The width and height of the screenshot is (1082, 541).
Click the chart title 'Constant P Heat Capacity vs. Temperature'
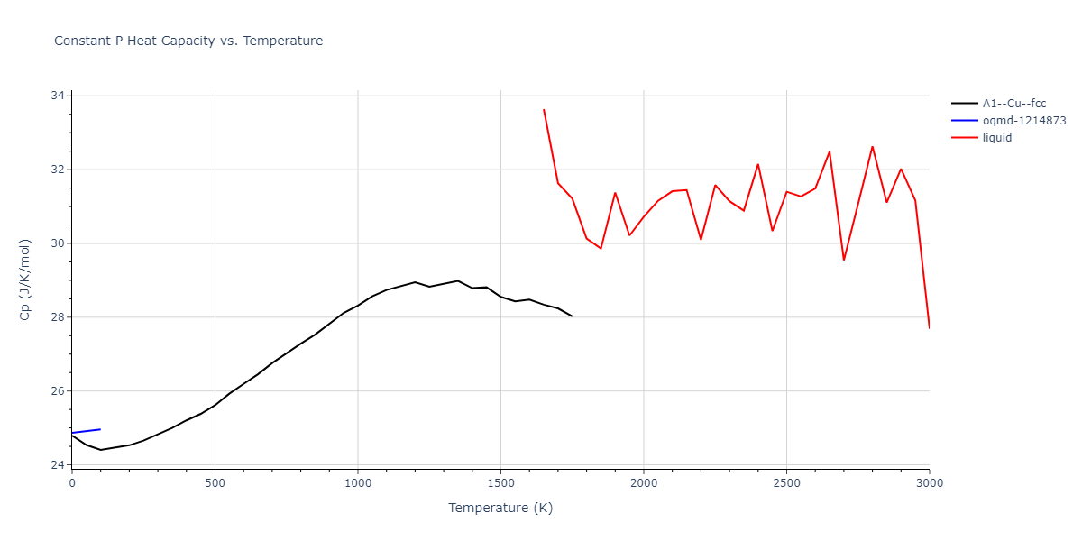coord(188,41)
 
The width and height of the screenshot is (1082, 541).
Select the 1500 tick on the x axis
coord(500,483)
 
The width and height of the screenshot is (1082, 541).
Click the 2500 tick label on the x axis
coord(786,483)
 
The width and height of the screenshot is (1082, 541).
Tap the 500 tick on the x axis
coord(215,483)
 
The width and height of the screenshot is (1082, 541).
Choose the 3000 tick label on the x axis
coord(929,483)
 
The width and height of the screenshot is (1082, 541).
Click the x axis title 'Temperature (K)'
coord(500,508)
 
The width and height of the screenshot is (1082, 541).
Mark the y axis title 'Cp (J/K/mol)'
coord(25,280)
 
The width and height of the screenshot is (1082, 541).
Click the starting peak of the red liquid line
coord(544,110)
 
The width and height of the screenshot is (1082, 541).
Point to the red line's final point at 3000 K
coord(929,327)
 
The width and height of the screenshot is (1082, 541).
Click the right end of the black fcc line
coord(572,316)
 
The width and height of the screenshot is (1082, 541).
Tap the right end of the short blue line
coord(100,429)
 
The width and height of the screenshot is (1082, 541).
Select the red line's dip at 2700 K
coord(844,260)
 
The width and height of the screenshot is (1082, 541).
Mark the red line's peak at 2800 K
coord(872,146)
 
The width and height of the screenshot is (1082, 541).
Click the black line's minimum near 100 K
coord(100,450)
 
